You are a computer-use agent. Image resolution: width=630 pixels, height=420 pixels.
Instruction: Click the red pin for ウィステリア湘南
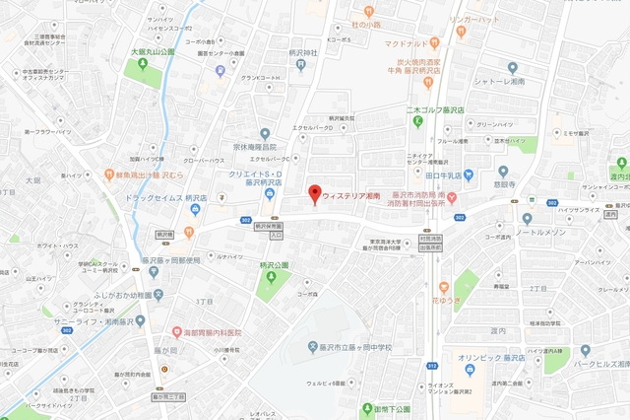tap(315, 192)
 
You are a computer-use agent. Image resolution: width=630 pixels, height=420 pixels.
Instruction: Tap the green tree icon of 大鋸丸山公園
tap(143, 65)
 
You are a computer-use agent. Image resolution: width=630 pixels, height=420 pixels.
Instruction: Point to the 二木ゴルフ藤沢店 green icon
tap(416, 121)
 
